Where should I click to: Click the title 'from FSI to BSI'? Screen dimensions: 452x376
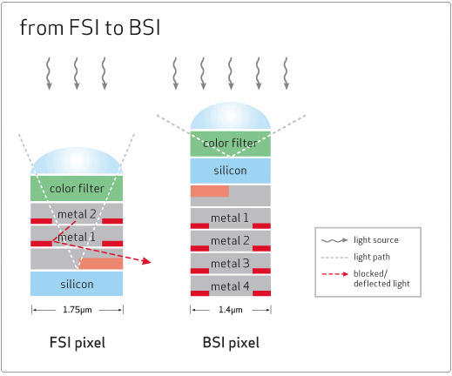coord(90,28)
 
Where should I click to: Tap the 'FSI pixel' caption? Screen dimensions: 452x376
coord(78,342)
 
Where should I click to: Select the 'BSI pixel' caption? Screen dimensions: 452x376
coord(231,342)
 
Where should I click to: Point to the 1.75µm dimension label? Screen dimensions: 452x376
coord(78,310)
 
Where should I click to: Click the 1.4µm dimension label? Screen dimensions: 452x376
coord(231,310)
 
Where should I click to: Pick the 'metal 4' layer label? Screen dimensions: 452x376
coord(230,286)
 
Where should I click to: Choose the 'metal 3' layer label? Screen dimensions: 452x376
coord(230,264)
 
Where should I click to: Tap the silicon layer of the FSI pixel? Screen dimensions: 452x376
coord(77,284)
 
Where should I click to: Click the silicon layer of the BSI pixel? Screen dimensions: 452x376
coord(231,171)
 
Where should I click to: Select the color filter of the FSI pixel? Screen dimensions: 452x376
coord(77,188)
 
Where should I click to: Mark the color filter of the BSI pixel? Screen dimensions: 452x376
coord(231,144)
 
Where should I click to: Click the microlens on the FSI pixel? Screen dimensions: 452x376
coord(77,161)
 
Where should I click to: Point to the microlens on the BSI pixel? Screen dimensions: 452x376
coord(231,116)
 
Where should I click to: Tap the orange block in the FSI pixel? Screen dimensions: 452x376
coord(101,263)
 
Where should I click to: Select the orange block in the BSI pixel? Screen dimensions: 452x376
coord(210,191)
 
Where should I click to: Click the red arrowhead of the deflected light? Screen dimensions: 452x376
coord(147,261)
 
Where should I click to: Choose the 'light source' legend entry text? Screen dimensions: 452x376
coord(376,240)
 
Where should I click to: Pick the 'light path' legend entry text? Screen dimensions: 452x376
coord(372,257)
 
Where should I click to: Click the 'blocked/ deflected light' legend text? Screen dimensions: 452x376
coord(381,279)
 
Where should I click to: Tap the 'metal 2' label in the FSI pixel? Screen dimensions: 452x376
coord(77,214)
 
